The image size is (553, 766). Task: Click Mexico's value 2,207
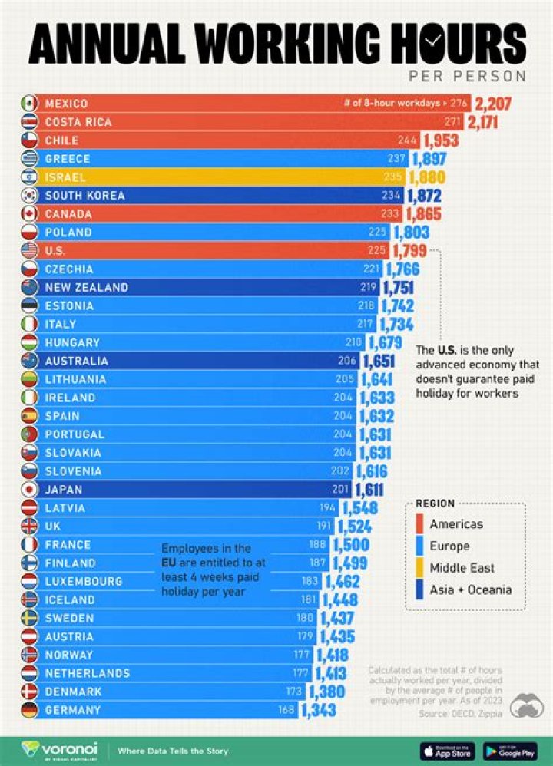click(x=493, y=104)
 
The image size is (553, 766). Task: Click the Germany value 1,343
click(x=320, y=711)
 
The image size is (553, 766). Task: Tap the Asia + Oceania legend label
click(x=470, y=590)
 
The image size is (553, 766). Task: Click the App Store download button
click(x=447, y=750)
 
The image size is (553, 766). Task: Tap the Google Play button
click(x=510, y=750)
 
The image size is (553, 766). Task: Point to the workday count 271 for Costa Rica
click(x=452, y=122)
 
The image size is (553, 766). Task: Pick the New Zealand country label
click(x=86, y=288)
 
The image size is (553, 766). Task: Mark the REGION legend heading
click(x=435, y=504)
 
